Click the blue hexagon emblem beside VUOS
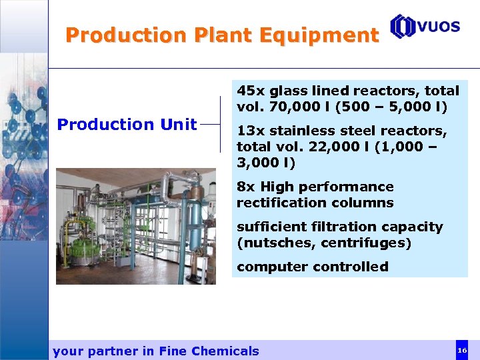(x=403, y=27)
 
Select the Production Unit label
(x=127, y=124)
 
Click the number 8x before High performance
(x=246, y=187)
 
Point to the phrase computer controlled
(x=312, y=267)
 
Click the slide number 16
(x=461, y=350)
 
